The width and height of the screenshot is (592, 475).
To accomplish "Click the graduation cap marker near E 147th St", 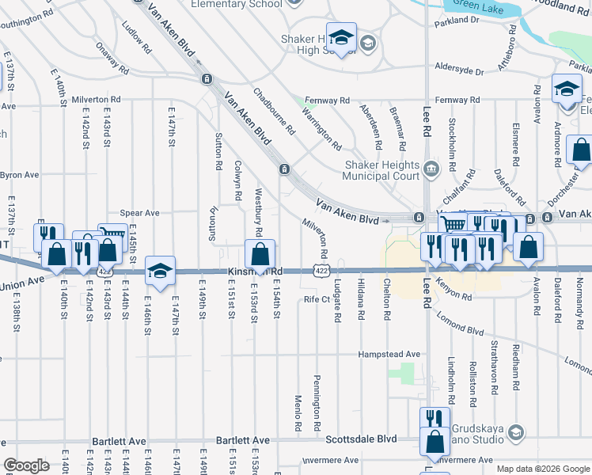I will tap(160, 272).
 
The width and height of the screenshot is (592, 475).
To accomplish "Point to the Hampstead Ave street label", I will tap(389, 354).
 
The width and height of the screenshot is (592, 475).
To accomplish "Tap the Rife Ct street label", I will tap(316, 300).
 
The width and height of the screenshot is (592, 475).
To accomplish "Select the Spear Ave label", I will tap(139, 213).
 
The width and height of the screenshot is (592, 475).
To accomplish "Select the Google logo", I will tap(26, 465).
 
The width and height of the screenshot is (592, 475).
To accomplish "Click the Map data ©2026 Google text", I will tap(543, 469).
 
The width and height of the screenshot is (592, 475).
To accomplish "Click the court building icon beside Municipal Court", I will tap(432, 167).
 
